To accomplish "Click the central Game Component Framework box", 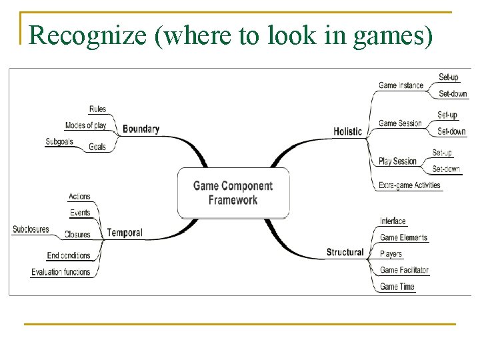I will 233,193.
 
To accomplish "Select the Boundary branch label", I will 141,129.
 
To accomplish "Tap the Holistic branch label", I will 347,132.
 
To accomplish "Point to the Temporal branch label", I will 125,233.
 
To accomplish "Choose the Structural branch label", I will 345,252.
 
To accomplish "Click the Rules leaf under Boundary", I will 97,109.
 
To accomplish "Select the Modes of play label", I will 85,125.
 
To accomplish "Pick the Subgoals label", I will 59,141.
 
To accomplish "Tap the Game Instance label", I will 401,85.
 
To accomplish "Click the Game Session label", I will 400,123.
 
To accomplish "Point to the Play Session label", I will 397,161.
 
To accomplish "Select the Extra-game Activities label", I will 409,185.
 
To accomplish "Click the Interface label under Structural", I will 393,221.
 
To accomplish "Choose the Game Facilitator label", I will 404,270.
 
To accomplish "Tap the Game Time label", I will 397,287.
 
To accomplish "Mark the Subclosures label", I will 31,229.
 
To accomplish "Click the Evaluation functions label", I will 61,272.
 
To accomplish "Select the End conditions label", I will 69,255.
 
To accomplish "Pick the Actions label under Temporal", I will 79,197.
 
